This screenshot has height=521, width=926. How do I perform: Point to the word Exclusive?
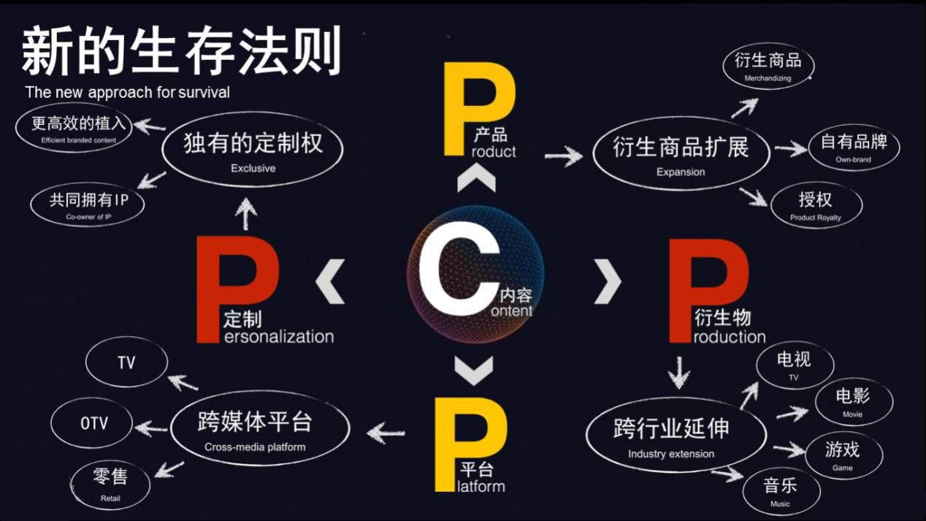253,168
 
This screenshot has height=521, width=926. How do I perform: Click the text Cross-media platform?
255,447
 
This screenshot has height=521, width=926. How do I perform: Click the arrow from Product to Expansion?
564,156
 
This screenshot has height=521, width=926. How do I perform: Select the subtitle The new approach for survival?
127,92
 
